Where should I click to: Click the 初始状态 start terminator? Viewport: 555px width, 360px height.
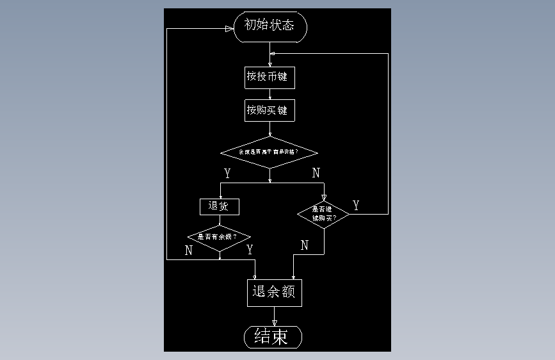click(270, 26)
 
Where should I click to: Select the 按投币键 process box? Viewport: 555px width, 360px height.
click(269, 78)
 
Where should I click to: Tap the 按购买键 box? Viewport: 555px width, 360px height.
click(269, 110)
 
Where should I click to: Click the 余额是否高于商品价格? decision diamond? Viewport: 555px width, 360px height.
click(269, 152)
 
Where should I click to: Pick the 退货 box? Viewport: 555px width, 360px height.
click(220, 207)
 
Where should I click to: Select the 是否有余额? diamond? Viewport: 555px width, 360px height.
click(220, 236)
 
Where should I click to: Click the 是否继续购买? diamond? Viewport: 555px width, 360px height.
click(324, 213)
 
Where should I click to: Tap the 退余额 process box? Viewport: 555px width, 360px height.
click(274, 292)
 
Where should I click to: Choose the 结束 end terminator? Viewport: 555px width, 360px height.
click(273, 336)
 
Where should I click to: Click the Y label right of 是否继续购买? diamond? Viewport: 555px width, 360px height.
click(356, 206)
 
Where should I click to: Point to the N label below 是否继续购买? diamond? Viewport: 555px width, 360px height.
click(304, 245)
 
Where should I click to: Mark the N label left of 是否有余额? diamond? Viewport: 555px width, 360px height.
click(188, 250)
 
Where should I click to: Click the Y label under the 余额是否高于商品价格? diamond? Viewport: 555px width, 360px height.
click(227, 173)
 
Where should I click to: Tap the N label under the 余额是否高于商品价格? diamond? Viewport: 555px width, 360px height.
click(316, 173)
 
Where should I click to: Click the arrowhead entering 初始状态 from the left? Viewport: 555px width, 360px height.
click(229, 29)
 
